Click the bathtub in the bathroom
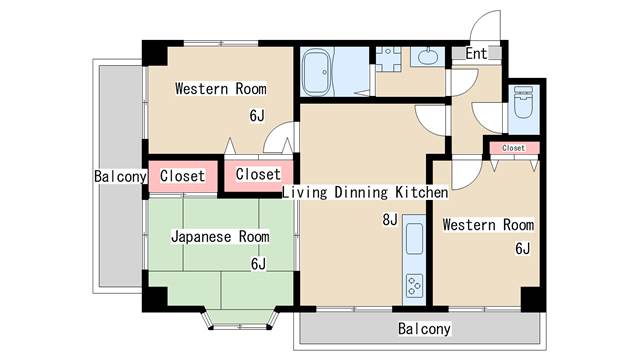(317, 72)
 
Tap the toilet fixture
(523, 102)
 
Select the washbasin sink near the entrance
(427, 56)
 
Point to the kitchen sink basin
(414, 239)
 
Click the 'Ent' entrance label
(476, 53)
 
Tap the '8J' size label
(390, 220)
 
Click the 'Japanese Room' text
(220, 237)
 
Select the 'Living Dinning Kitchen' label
(365, 192)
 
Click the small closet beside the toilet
(514, 148)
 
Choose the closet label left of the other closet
(182, 176)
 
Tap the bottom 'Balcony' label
(424, 329)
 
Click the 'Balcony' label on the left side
(120, 176)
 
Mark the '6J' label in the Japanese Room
(258, 264)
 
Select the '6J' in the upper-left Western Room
(257, 116)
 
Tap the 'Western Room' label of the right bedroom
(488, 225)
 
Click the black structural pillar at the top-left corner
(155, 53)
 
